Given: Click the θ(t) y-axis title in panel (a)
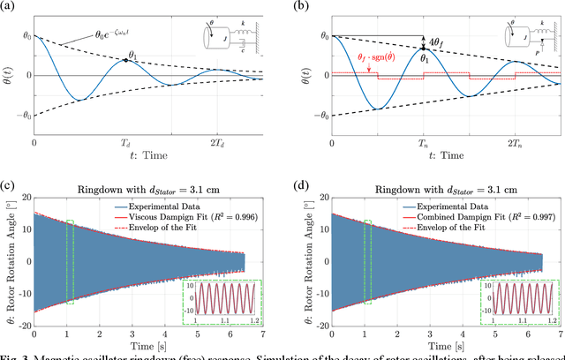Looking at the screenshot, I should pos(7,75).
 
